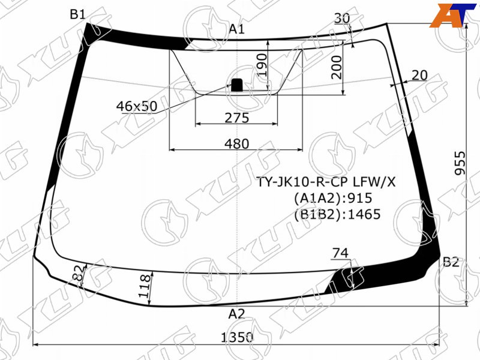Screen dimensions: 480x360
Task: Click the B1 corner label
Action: tap(77, 14)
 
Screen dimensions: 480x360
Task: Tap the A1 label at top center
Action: tap(237, 29)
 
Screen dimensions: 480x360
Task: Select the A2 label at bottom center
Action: tap(236, 314)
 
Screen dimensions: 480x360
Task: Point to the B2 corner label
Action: tap(451, 262)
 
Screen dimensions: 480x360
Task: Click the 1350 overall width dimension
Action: tap(237, 337)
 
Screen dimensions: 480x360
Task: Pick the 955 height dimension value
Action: tap(460, 163)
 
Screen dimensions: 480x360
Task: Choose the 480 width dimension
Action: tap(237, 143)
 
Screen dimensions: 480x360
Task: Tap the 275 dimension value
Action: tap(237, 118)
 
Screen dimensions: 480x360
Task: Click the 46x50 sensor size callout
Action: tap(137, 106)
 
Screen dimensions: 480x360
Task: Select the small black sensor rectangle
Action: tap(236, 85)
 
